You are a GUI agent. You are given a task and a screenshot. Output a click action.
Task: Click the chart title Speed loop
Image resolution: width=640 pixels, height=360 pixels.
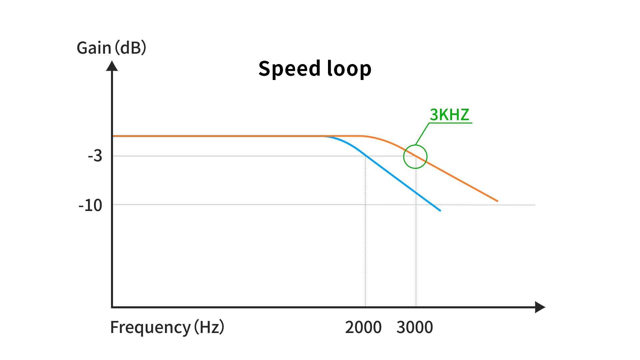pos(315,69)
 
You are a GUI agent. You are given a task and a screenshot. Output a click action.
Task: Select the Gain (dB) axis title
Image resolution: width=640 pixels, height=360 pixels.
pos(111,48)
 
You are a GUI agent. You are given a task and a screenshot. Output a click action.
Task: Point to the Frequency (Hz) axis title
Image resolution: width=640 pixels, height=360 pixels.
pos(167,327)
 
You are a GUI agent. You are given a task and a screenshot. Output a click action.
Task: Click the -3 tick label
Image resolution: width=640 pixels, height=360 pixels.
pos(95,156)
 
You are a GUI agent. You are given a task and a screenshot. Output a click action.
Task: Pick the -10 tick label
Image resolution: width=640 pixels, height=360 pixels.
pos(90,205)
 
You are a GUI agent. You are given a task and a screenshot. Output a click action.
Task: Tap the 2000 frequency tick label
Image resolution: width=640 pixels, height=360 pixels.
pos(363,327)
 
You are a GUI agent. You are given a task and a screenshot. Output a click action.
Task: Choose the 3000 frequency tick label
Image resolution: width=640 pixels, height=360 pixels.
pos(415,327)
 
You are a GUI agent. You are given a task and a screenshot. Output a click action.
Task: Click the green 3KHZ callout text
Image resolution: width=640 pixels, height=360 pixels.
pos(449,115)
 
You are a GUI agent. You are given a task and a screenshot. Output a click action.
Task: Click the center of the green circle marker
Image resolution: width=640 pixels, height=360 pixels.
pos(415,157)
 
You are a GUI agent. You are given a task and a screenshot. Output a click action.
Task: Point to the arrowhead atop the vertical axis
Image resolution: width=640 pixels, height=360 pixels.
pos(112,66)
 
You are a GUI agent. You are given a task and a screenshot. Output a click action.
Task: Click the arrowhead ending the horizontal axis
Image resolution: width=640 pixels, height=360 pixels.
pos(540,307)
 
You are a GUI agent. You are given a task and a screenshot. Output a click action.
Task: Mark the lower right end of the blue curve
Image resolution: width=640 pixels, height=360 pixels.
pos(440,210)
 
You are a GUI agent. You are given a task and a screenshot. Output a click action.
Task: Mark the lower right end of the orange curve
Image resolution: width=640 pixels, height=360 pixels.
pos(497,201)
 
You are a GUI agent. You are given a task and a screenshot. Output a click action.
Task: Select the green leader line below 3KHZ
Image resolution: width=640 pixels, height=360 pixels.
pos(422,134)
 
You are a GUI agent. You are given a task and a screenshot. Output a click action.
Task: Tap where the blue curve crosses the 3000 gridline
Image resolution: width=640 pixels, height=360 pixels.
pos(416,193)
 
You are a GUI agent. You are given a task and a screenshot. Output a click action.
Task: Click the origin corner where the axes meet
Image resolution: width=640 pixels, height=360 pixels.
pos(112,307)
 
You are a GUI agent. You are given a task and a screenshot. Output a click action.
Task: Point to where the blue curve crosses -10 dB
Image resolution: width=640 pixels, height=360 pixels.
pos(432,205)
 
